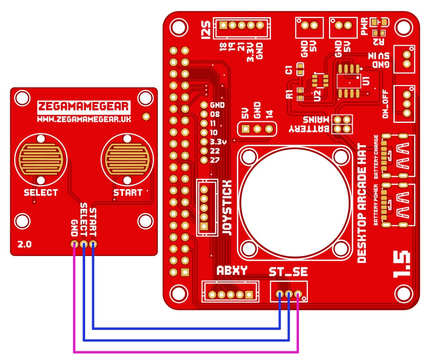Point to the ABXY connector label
232,271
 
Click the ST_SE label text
288,272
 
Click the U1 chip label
366,80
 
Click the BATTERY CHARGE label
376,157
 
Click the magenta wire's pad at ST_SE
298,294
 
